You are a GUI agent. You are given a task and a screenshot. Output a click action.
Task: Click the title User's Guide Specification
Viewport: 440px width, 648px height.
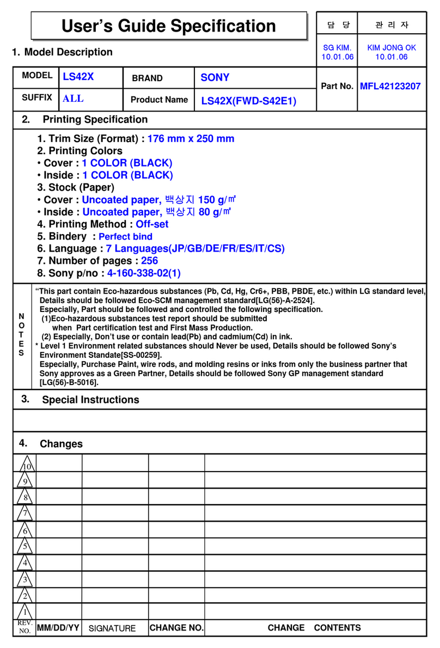tap(168, 26)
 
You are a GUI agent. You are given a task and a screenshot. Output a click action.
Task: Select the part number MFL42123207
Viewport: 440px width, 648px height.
tap(390, 86)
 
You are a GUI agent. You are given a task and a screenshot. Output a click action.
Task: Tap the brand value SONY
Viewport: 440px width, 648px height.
tap(215, 77)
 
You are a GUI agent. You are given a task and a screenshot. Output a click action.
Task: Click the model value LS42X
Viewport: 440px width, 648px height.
tap(78, 77)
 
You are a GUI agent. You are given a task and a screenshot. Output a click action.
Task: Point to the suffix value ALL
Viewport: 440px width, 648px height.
tap(73, 99)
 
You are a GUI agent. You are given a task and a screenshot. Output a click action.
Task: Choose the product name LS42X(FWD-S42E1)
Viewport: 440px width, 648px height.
tap(249, 101)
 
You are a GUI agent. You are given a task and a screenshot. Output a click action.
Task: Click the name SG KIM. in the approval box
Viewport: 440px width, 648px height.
tap(337, 47)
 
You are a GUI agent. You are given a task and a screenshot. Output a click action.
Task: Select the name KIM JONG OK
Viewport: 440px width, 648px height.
tap(392, 47)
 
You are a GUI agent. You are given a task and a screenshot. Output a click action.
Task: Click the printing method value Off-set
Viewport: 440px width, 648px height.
tap(152, 224)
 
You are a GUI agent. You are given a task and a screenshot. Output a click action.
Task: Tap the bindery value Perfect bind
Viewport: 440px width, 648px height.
tap(125, 236)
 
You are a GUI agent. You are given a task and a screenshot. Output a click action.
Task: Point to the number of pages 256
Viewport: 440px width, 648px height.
tap(149, 261)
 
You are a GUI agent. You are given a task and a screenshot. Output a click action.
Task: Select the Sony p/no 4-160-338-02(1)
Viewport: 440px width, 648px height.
tap(144, 273)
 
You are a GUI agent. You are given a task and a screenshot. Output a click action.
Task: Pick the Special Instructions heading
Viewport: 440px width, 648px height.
tap(90, 400)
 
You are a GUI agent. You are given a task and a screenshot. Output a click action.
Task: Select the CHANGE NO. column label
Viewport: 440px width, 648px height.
tap(176, 628)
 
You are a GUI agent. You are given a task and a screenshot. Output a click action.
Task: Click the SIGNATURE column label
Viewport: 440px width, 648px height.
tap(112, 628)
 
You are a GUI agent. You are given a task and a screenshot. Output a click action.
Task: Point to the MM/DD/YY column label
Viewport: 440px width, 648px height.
tap(58, 628)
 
